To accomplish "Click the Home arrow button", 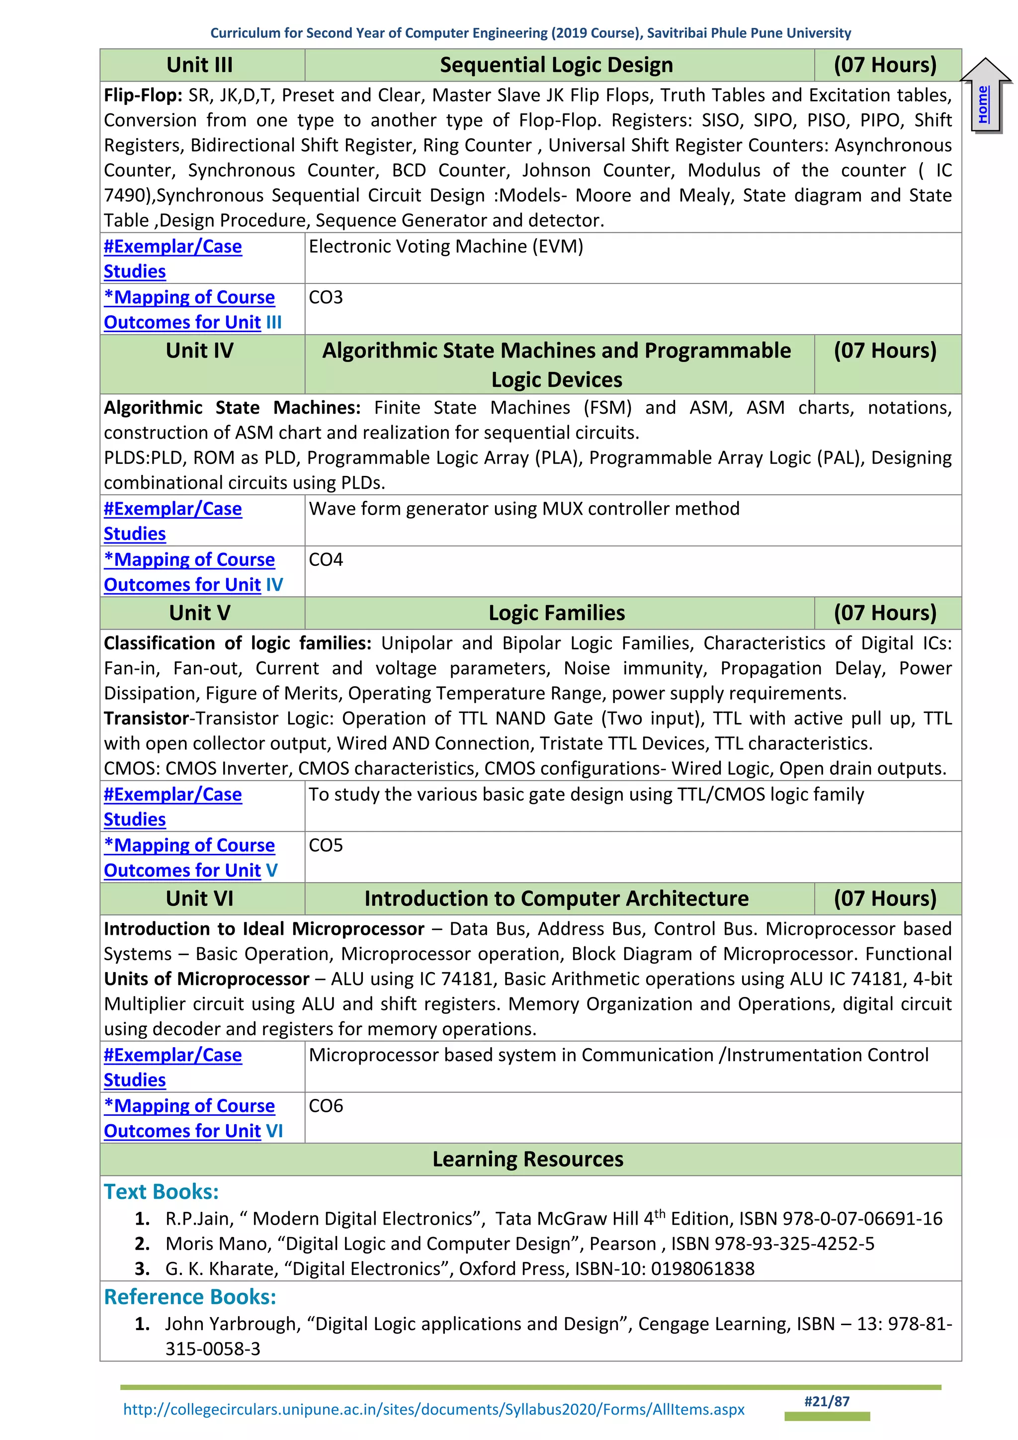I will tap(985, 98).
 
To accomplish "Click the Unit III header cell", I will tap(200, 65).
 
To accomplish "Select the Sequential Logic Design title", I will tap(556, 65).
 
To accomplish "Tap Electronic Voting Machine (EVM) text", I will tap(446, 247).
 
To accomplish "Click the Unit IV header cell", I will tap(200, 351).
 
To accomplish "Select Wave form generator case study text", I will tap(524, 509).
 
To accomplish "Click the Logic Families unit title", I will tap(556, 613).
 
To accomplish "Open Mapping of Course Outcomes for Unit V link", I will tap(190, 857).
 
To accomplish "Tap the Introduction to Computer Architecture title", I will tap(556, 899).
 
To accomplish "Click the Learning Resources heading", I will tap(528, 1159).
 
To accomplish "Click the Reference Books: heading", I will tap(190, 1297).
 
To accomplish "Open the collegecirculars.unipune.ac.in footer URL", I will tap(434, 1409).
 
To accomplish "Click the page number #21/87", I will tap(826, 1401).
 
